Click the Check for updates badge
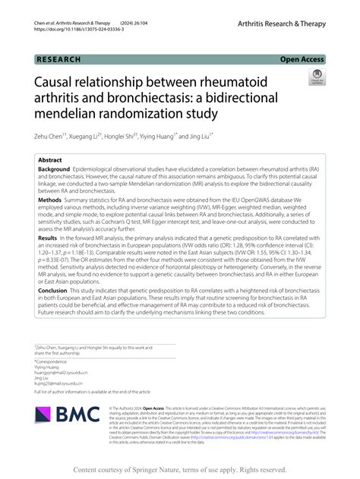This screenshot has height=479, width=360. tap(316, 76)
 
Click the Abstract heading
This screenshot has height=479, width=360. tap(50, 160)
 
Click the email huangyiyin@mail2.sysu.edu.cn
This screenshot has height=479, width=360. tap(61, 373)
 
